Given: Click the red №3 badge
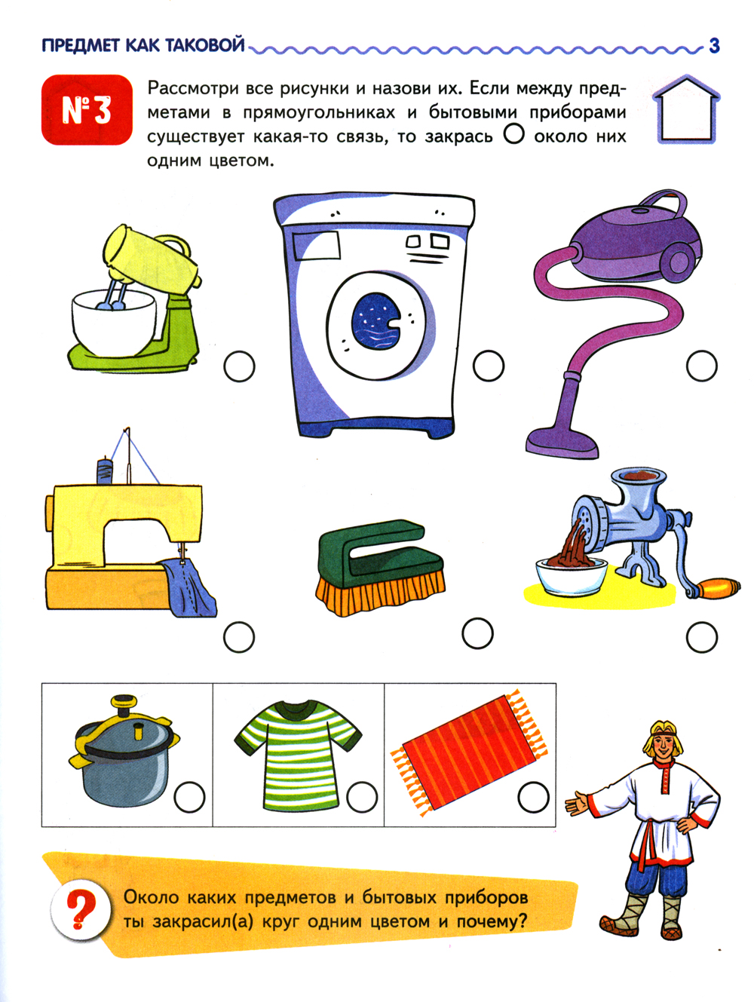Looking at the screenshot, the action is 87,110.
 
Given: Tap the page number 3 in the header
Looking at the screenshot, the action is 714,46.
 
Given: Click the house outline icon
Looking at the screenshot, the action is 686,109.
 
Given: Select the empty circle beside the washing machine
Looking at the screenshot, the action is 489,366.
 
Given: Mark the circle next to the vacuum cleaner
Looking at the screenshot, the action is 702,366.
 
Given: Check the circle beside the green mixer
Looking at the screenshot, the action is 239,366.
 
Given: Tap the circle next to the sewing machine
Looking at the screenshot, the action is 239,637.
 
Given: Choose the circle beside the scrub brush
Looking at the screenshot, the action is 478,633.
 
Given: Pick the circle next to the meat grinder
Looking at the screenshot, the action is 702,637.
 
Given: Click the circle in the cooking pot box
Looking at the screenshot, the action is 189,797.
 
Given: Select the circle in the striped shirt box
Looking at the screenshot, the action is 362,797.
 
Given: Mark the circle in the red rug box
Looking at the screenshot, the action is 534,797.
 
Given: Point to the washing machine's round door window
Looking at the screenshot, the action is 376,321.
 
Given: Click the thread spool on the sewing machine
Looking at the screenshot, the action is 105,470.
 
